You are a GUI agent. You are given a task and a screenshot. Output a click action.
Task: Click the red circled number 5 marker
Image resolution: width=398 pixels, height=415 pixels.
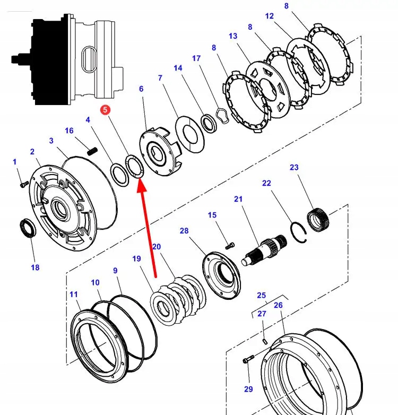pos(105,110)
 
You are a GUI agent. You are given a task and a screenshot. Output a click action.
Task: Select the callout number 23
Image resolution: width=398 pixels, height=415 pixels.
pos(294,168)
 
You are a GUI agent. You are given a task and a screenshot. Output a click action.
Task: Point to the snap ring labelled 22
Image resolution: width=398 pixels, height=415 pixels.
pos(300,232)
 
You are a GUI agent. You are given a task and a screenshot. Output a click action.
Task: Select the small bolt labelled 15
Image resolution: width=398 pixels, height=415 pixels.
pos(230,245)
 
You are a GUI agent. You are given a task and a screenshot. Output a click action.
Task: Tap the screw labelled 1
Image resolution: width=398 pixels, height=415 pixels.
pos(23,184)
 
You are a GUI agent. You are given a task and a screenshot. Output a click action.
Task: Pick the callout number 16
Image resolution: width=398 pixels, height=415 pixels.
pos(70,131)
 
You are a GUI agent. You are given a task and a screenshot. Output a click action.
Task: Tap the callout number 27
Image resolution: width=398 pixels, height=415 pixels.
pos(262,314)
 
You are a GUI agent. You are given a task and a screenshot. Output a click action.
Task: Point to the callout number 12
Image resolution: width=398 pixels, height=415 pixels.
pos(270,16)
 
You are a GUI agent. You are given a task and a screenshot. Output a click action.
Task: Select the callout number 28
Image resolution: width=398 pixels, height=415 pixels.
pos(184,231)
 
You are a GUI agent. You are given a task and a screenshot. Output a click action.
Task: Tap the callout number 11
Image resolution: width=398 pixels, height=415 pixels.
pos(73,295)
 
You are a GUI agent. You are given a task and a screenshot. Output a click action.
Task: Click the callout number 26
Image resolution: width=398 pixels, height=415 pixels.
pos(278,305)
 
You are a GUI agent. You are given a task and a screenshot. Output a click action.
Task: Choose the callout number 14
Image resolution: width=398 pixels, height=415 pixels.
pos(178,68)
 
